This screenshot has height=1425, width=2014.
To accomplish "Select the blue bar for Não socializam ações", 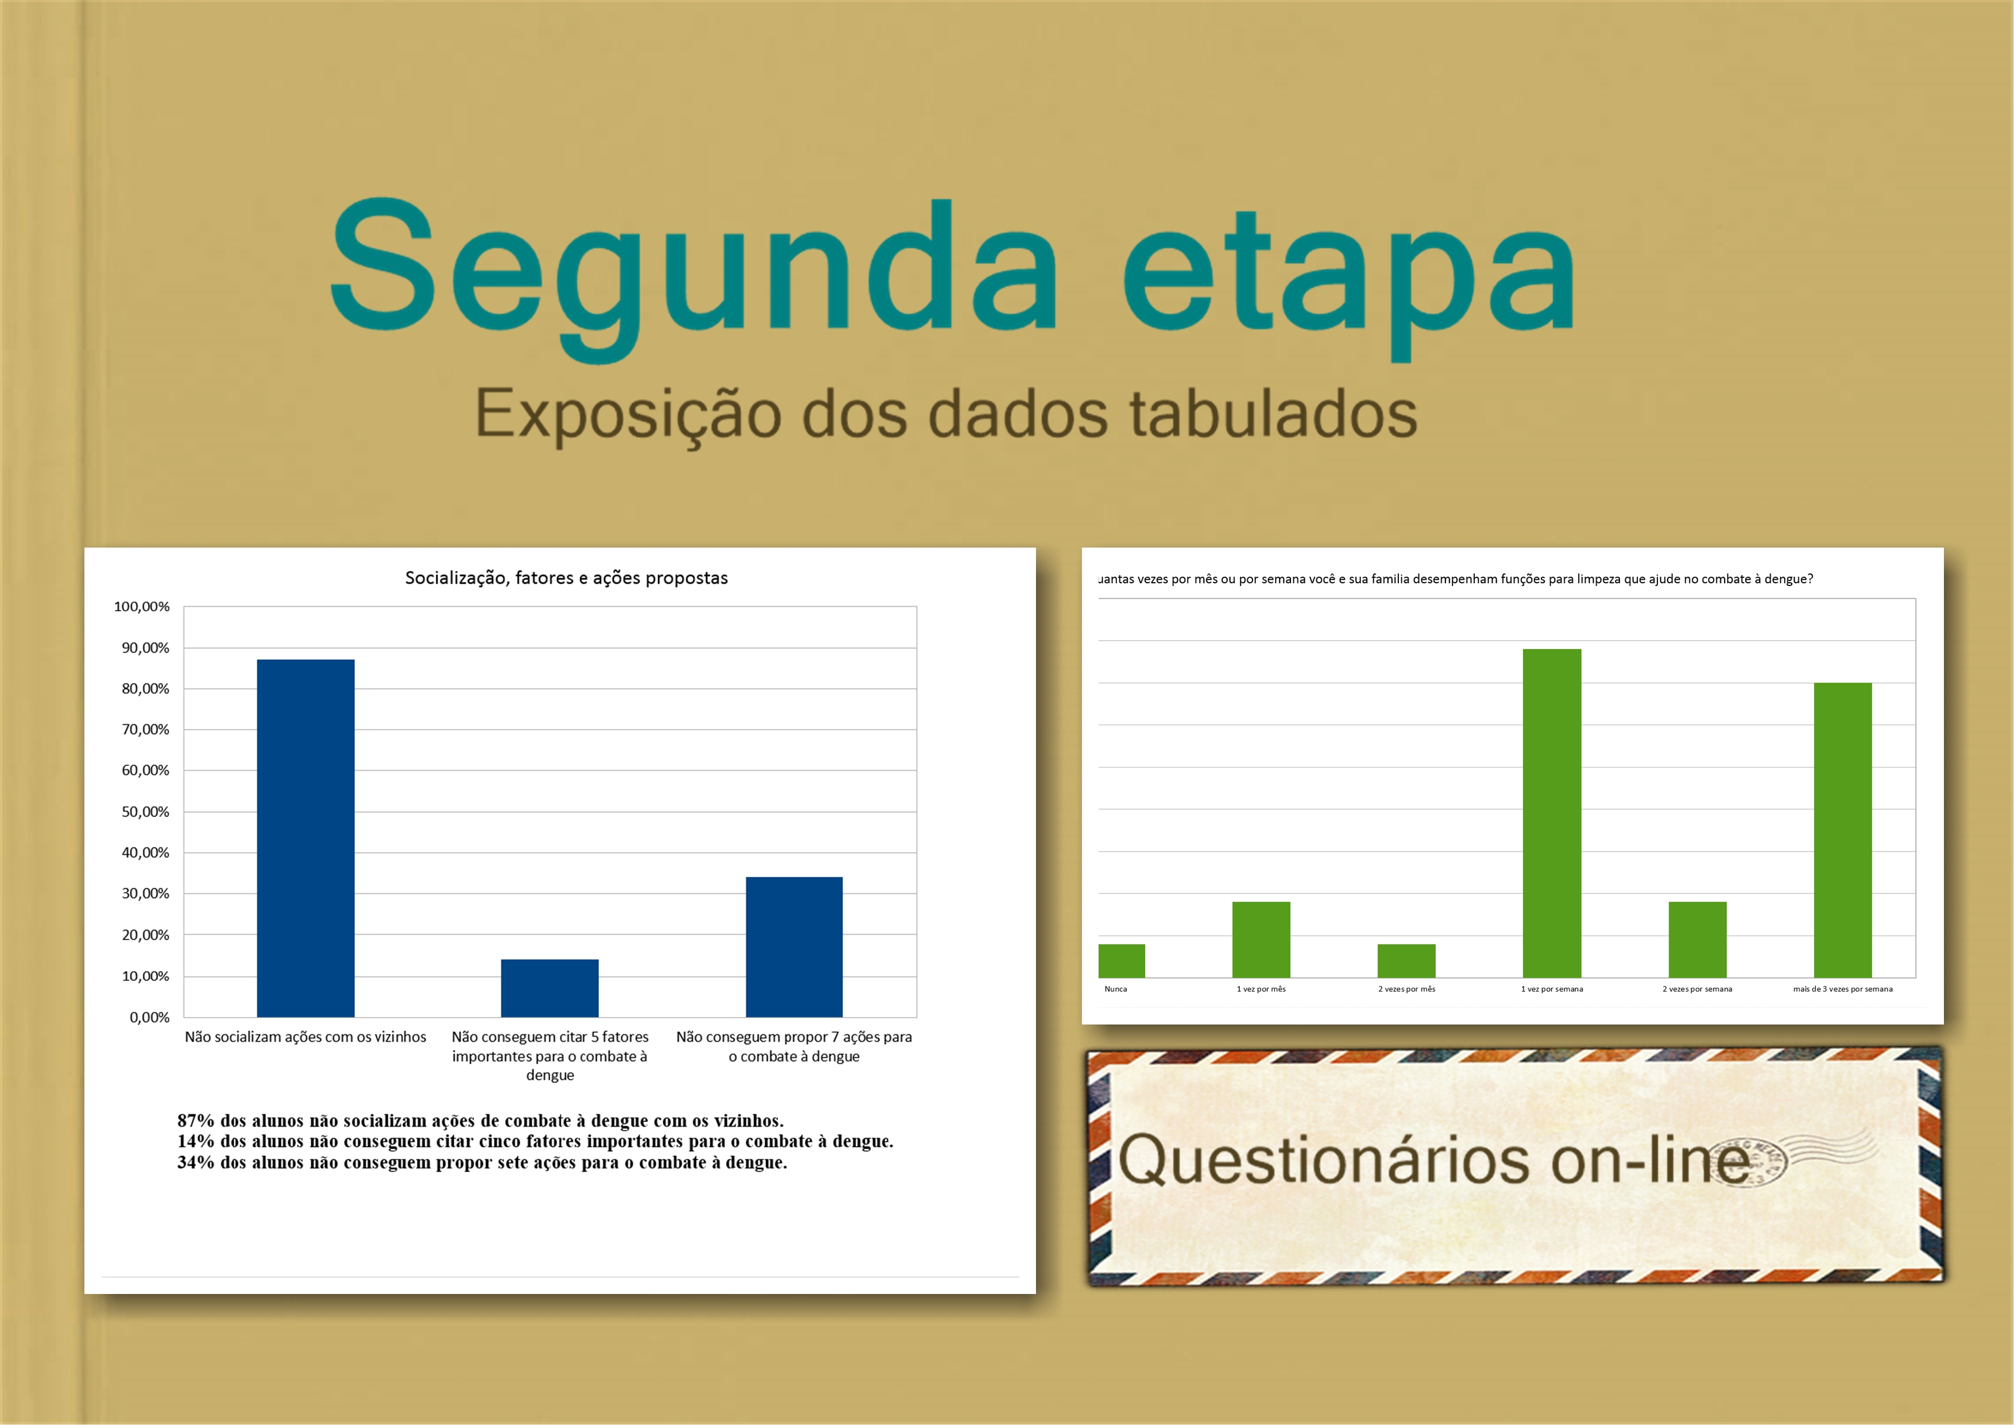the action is click(306, 838).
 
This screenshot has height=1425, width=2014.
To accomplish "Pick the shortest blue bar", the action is click(550, 988).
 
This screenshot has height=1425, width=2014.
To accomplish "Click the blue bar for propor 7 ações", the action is click(794, 947).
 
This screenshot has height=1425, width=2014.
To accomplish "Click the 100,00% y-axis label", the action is click(142, 606).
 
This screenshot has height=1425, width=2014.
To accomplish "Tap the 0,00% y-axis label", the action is click(150, 1017).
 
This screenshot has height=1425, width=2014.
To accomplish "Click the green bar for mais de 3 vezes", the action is click(1843, 830).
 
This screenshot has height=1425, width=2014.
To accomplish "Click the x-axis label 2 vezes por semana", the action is click(1698, 989).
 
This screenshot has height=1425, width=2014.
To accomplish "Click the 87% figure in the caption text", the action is click(196, 1120).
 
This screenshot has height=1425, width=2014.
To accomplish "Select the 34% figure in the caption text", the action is click(196, 1162).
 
